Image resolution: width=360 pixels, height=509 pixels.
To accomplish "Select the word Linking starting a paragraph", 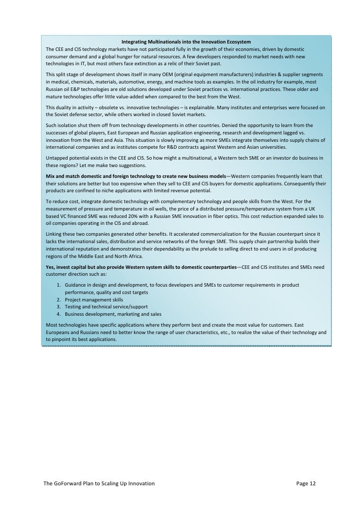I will click(x=54, y=234).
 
